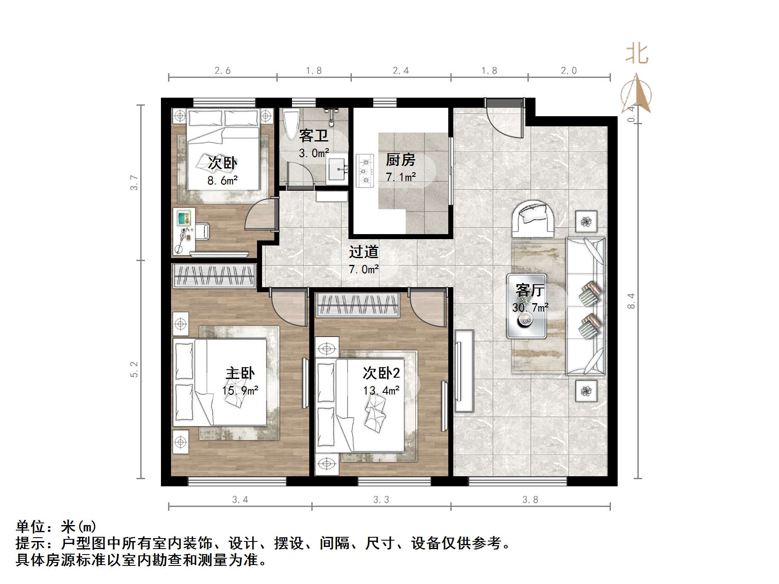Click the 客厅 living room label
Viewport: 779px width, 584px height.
click(x=530, y=290)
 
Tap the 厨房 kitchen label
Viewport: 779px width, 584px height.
click(x=400, y=160)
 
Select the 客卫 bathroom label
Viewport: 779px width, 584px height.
click(x=313, y=136)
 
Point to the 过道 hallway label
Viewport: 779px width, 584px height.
click(x=364, y=252)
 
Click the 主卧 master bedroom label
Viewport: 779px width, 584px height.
click(x=240, y=373)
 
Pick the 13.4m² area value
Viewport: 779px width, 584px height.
click(x=381, y=391)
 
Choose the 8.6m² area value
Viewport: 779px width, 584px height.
click(x=222, y=181)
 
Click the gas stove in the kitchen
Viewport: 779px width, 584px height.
click(x=365, y=171)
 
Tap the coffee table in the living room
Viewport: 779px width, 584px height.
click(x=527, y=307)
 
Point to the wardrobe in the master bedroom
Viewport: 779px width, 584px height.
click(x=214, y=276)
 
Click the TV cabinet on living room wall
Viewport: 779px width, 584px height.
click(x=464, y=371)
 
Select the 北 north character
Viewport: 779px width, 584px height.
click(x=637, y=54)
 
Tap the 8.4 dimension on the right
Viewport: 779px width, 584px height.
click(x=631, y=301)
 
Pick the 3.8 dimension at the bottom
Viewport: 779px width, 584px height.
click(x=530, y=500)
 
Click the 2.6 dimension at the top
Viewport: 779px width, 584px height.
click(x=222, y=71)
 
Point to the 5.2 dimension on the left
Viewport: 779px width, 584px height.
click(x=134, y=370)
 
